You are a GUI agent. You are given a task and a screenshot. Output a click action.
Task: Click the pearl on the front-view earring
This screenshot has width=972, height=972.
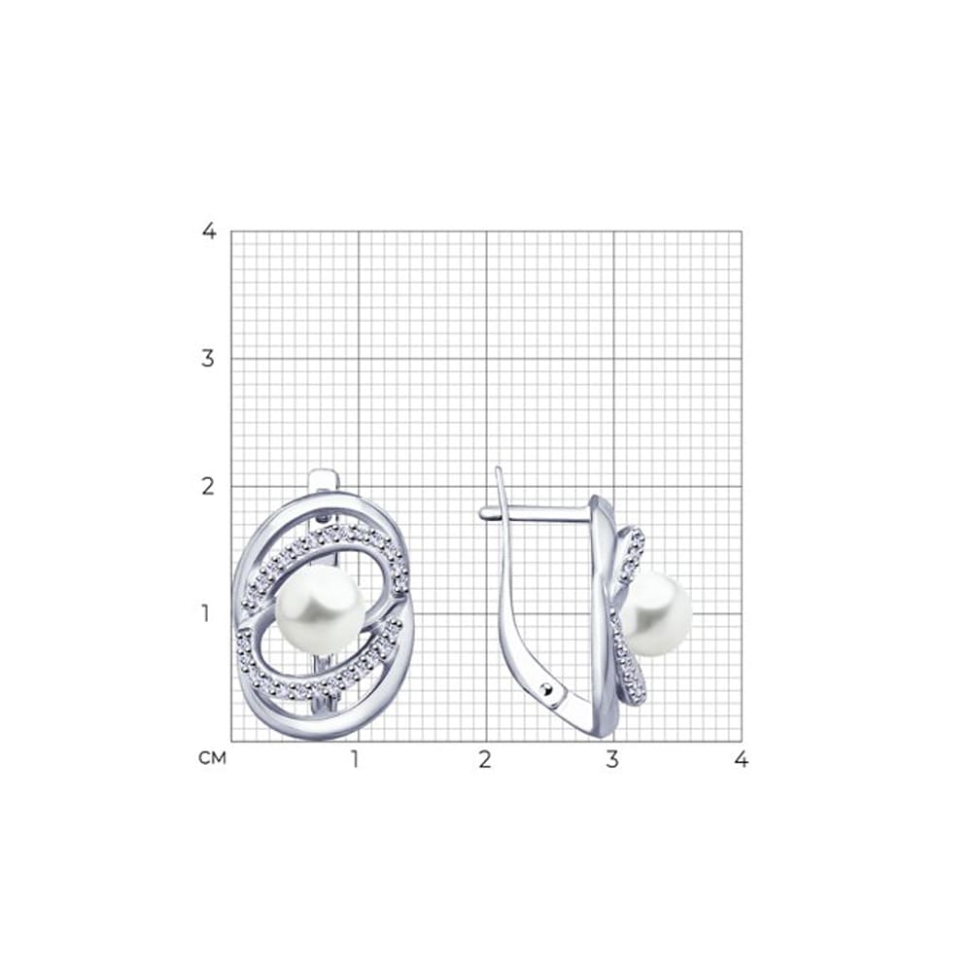click(x=320, y=609)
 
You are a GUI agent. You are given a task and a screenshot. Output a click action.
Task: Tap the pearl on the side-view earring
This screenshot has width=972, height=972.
click(x=656, y=613)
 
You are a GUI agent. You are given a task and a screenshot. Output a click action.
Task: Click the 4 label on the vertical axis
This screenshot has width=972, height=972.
click(x=209, y=230)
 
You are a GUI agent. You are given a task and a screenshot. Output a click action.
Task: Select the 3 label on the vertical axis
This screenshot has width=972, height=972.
click(x=208, y=358)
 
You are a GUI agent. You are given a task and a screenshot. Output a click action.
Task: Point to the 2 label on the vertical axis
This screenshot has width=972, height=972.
click(x=208, y=486)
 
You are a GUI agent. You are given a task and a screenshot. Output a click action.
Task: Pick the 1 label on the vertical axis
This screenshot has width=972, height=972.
click(x=206, y=613)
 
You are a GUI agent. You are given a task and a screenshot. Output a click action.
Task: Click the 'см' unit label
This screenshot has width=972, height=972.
click(x=213, y=757)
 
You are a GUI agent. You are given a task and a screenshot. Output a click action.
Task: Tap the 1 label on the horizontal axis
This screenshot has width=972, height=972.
click(x=355, y=759)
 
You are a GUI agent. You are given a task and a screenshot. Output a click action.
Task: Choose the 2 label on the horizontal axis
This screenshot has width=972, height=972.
click(x=485, y=759)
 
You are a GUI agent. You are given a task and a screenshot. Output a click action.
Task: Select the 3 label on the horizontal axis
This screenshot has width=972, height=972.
click(x=612, y=759)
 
